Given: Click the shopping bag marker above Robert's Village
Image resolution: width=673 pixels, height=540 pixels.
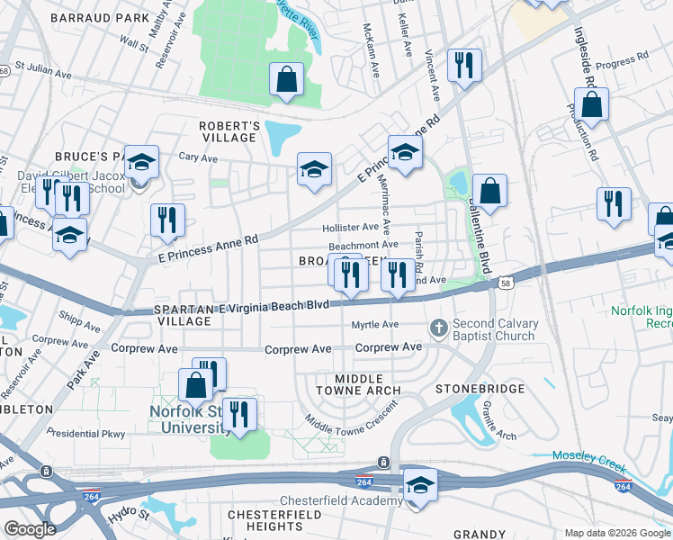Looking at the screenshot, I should (x=286, y=79).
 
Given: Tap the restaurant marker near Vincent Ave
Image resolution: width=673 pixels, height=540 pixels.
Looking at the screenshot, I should (x=464, y=65).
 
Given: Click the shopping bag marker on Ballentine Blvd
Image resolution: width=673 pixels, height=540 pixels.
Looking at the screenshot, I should (x=489, y=191).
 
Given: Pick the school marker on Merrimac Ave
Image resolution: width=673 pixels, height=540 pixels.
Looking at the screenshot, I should (x=405, y=153).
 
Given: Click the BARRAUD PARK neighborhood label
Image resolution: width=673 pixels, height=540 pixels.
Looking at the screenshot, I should (x=100, y=18).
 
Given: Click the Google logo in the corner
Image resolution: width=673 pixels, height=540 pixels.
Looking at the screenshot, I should (x=30, y=530).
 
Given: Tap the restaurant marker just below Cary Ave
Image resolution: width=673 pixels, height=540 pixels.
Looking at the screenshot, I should (x=167, y=220).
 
